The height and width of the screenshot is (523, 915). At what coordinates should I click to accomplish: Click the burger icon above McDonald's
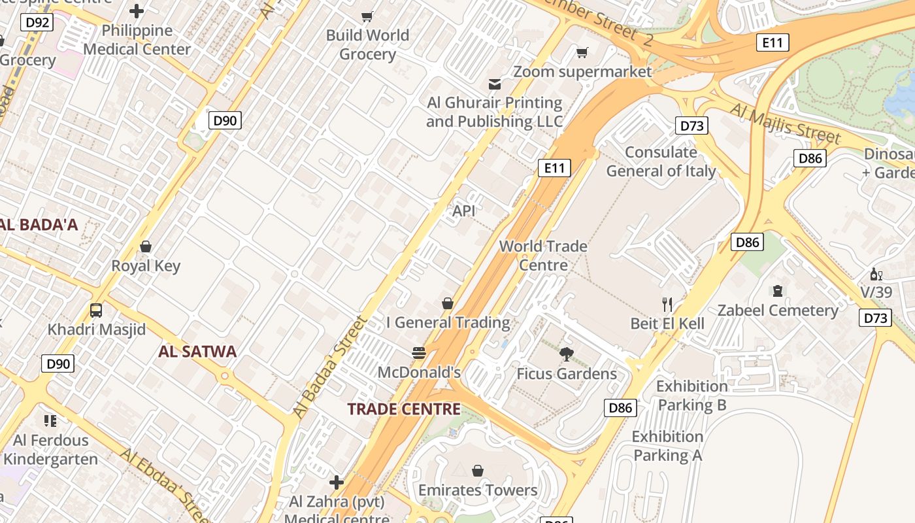419,353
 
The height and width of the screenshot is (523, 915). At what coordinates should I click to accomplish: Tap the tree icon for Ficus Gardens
567,354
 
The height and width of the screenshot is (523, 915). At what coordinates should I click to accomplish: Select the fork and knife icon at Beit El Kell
667,304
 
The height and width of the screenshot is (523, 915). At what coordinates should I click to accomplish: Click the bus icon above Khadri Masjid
96,311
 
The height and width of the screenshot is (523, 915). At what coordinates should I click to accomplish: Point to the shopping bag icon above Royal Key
146,246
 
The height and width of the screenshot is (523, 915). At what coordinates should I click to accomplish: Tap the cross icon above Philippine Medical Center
137,11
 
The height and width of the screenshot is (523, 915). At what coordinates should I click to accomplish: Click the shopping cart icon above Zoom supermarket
582,52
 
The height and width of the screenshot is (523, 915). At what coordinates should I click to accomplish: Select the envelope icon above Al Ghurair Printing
495,84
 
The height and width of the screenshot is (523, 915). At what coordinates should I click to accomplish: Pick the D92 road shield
37,23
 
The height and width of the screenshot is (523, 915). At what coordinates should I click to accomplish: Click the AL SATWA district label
197,352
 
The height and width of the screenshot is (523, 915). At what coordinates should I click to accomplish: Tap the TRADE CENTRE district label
404,409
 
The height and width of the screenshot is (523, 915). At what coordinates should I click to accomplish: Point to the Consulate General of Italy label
661,161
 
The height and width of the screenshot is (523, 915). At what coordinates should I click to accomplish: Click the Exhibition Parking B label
691,396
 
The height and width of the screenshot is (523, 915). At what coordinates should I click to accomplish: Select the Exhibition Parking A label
667,446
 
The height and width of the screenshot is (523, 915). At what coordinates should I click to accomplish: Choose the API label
464,211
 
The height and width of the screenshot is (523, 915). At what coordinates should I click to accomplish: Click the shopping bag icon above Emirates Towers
478,471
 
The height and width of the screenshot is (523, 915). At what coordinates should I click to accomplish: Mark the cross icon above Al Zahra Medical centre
337,482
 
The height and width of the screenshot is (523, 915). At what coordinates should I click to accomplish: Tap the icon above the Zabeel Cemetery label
778,291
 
